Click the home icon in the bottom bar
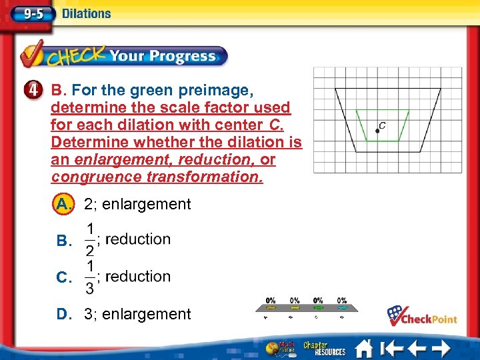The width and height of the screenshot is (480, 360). [364, 348]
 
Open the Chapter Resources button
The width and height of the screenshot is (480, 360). [324, 348]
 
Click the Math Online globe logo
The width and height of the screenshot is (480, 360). [276, 348]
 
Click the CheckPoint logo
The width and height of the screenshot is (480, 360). [422, 316]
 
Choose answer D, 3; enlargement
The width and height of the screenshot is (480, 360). [65, 314]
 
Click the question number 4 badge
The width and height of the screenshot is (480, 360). [37, 91]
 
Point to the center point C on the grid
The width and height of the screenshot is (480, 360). [377, 131]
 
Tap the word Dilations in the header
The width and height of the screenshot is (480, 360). [86, 13]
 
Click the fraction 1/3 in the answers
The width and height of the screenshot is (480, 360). [89, 277]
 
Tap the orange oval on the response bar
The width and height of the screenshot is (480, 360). [271, 308]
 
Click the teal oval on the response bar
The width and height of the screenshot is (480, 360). [342, 308]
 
